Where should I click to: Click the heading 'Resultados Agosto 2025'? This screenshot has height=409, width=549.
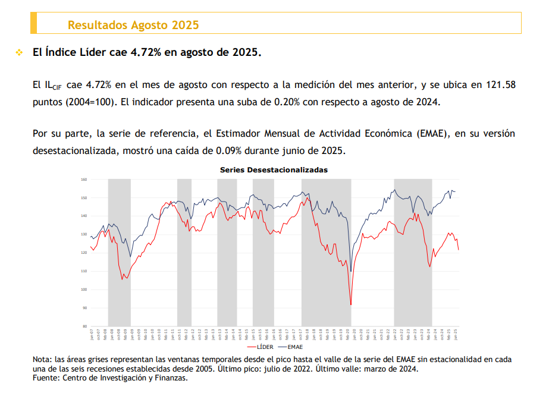[133, 25]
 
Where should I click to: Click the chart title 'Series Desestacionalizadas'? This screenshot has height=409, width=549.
[274, 169]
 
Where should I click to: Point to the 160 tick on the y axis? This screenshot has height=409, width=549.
[84, 180]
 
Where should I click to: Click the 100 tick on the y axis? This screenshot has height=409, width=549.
[84, 290]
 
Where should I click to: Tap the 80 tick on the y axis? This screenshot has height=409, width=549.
[84, 326]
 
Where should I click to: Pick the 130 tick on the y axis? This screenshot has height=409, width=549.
[84, 234]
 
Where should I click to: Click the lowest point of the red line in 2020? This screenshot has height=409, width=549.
[351, 305]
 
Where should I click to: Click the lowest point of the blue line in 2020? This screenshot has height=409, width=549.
[351, 272]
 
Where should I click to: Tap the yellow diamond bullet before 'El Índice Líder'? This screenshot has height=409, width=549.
[19, 52]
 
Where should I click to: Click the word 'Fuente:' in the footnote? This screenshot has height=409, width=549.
[46, 377]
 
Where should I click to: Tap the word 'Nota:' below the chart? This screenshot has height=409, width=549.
[42, 360]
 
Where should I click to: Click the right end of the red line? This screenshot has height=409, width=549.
[459, 250]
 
